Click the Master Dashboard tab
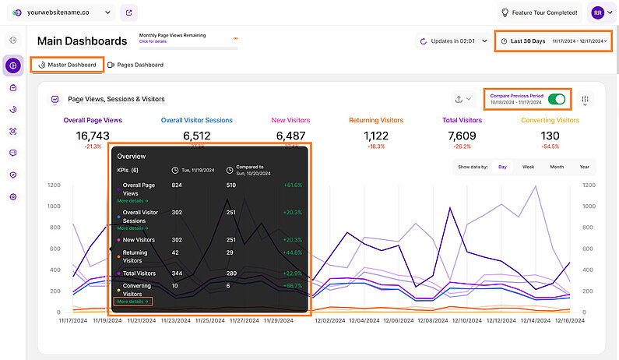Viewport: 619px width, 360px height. coord(67,65)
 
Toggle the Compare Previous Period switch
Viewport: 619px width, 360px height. coord(557,99)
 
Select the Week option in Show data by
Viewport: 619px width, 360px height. coord(528,167)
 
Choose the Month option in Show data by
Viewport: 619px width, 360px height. coord(557,167)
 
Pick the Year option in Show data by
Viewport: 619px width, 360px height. coord(584,167)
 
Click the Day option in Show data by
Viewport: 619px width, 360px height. coord(502,167)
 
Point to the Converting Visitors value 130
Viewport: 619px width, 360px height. coord(550,136)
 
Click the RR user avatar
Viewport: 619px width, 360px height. coord(597,12)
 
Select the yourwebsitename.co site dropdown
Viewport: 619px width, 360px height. coord(62,13)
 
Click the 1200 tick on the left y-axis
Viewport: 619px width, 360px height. coord(54,185)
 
